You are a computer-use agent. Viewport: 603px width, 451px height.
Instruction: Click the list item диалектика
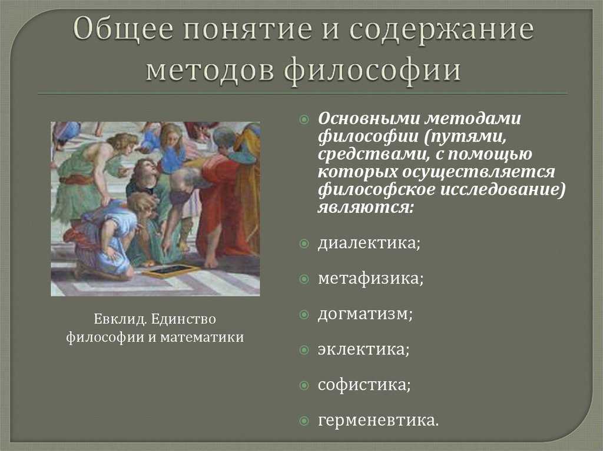point(369,243)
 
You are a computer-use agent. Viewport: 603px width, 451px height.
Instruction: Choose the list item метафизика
point(370,278)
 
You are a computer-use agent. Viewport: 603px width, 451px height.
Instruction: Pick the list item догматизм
point(365,314)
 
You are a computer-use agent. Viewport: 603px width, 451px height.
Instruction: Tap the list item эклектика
point(363,349)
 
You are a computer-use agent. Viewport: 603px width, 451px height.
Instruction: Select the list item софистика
point(364,385)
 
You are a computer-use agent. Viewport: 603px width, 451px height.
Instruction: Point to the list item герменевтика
point(378,420)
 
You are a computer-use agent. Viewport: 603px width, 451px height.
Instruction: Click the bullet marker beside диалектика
point(304,243)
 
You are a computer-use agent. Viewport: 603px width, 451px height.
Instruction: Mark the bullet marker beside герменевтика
point(304,421)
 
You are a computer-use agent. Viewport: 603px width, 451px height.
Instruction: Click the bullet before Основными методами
point(304,119)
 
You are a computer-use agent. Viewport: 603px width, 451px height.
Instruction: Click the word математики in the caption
point(202,338)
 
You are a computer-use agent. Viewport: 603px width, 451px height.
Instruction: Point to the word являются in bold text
point(365,208)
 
